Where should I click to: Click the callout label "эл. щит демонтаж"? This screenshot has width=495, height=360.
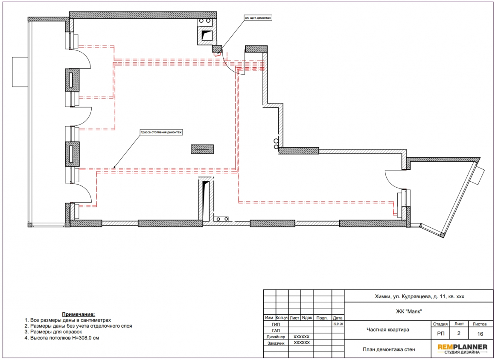(258, 18)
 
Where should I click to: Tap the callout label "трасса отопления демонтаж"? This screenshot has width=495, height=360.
(161, 132)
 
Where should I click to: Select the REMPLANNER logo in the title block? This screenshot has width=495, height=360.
(462, 349)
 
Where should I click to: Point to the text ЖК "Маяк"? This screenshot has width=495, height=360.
(409, 311)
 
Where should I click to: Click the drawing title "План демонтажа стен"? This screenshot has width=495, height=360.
(389, 349)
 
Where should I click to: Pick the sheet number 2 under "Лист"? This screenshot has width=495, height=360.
(459, 333)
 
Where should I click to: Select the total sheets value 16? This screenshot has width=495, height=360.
(480, 334)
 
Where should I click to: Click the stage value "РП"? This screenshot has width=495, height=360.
(441, 334)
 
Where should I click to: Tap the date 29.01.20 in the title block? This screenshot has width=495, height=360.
(338, 324)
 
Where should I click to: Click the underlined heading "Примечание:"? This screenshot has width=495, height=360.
(78, 314)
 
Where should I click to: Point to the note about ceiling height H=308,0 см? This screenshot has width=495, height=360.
(62, 337)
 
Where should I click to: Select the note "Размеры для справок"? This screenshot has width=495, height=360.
(53, 331)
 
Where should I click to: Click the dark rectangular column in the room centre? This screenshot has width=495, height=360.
(202, 149)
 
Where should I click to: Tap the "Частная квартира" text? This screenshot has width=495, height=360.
(387, 330)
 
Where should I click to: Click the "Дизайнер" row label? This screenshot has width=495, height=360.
(276, 337)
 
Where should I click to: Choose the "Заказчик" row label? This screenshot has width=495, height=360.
(276, 343)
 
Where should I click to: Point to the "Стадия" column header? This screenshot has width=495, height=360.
(440, 324)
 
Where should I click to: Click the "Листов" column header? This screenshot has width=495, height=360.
(480, 324)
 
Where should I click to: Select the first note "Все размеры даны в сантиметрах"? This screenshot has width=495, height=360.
(68, 320)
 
